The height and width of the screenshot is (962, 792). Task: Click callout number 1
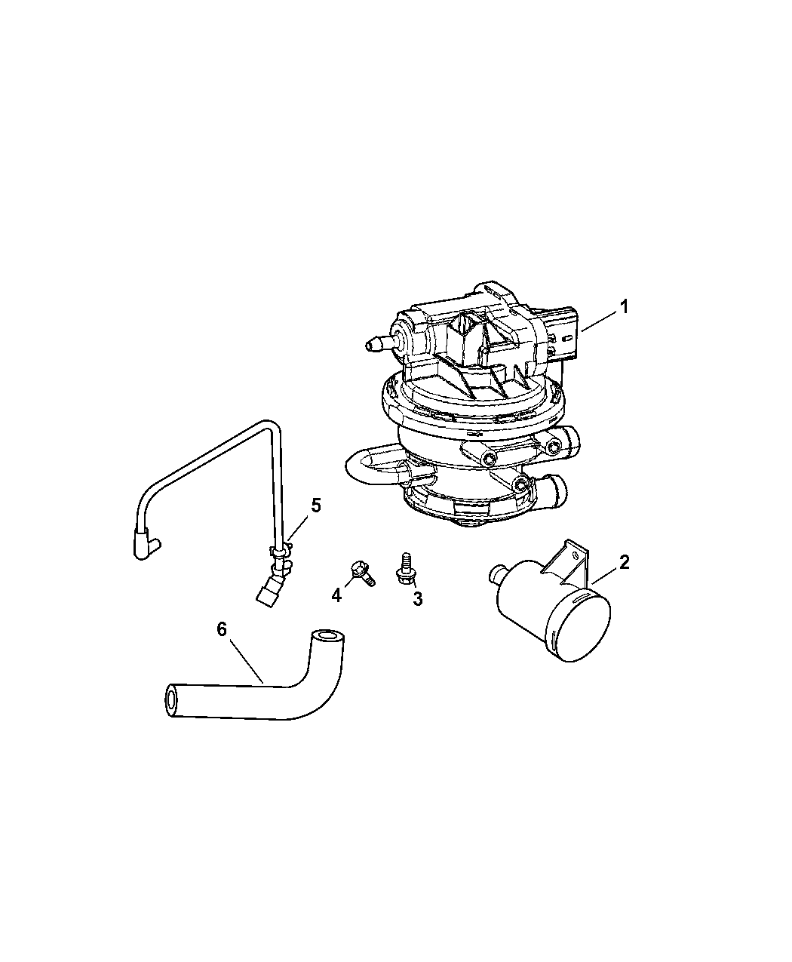pos(624,307)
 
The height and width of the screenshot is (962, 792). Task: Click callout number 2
pos(624,562)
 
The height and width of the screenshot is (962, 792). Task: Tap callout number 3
pos(417,599)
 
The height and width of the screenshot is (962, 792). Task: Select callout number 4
pos(336,596)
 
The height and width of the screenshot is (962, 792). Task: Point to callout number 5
pos(315,505)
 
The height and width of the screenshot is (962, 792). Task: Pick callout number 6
pos(222,629)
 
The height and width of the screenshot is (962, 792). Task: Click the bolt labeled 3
pos(406,570)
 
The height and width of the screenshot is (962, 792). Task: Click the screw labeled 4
pos(363,573)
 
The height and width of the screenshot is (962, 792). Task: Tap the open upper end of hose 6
pos(328,637)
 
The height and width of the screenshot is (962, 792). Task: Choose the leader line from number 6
pos(245,660)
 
